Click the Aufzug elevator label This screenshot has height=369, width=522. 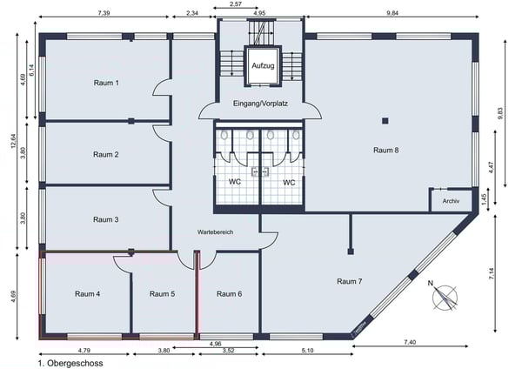point(263,65)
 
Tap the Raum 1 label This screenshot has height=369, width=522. point(106,83)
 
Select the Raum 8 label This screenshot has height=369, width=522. point(385,151)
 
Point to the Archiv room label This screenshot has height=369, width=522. point(451,201)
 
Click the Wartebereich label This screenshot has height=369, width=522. point(215,232)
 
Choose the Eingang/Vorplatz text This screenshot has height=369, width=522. point(260,104)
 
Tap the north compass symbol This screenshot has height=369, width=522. point(445,297)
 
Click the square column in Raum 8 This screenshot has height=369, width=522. point(385,121)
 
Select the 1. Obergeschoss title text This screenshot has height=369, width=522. point(70,363)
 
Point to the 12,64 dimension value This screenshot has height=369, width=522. point(14,142)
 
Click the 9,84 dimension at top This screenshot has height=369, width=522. point(392,13)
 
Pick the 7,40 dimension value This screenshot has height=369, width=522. point(410,342)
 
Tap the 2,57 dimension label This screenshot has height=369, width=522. point(236,4)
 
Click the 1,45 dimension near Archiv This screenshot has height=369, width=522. point(485,199)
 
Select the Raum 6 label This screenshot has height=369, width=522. point(230,294)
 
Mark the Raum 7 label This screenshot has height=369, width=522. point(350,281)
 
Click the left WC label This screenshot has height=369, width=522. point(235,182)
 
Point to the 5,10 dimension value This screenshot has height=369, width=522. point(308,351)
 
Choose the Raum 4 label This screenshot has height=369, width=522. point(88,294)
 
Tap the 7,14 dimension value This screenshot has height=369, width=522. point(492,274)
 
